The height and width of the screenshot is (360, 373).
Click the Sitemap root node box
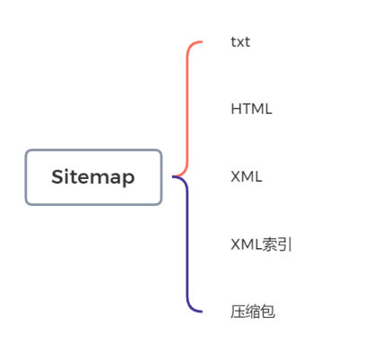coord(93,177)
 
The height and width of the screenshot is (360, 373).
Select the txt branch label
coord(240,42)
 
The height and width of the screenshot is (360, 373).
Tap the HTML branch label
coord(251,109)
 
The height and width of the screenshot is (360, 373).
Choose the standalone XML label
coord(247,176)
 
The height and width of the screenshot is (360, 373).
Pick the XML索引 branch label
coord(261,244)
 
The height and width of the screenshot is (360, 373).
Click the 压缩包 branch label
coord(253,312)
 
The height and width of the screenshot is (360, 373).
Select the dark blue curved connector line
coord(187,244)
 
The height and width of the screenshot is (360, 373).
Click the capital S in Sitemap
coord(57,176)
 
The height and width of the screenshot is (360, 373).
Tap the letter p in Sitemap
coord(129,179)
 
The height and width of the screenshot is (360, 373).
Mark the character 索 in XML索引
coord(269,244)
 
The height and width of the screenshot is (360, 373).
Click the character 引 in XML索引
coord(284,244)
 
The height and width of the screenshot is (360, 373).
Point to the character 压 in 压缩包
coord(238,312)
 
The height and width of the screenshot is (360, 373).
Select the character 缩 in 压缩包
coord(253,312)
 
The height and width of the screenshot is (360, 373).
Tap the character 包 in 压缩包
coord(267,312)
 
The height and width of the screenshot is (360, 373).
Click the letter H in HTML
coord(236,109)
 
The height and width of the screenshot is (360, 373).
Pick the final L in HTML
coord(268,109)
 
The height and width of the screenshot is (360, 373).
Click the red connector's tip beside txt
coord(202,42)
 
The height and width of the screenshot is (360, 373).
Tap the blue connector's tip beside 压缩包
coord(202,312)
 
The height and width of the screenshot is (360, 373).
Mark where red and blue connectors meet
coord(173,176)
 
